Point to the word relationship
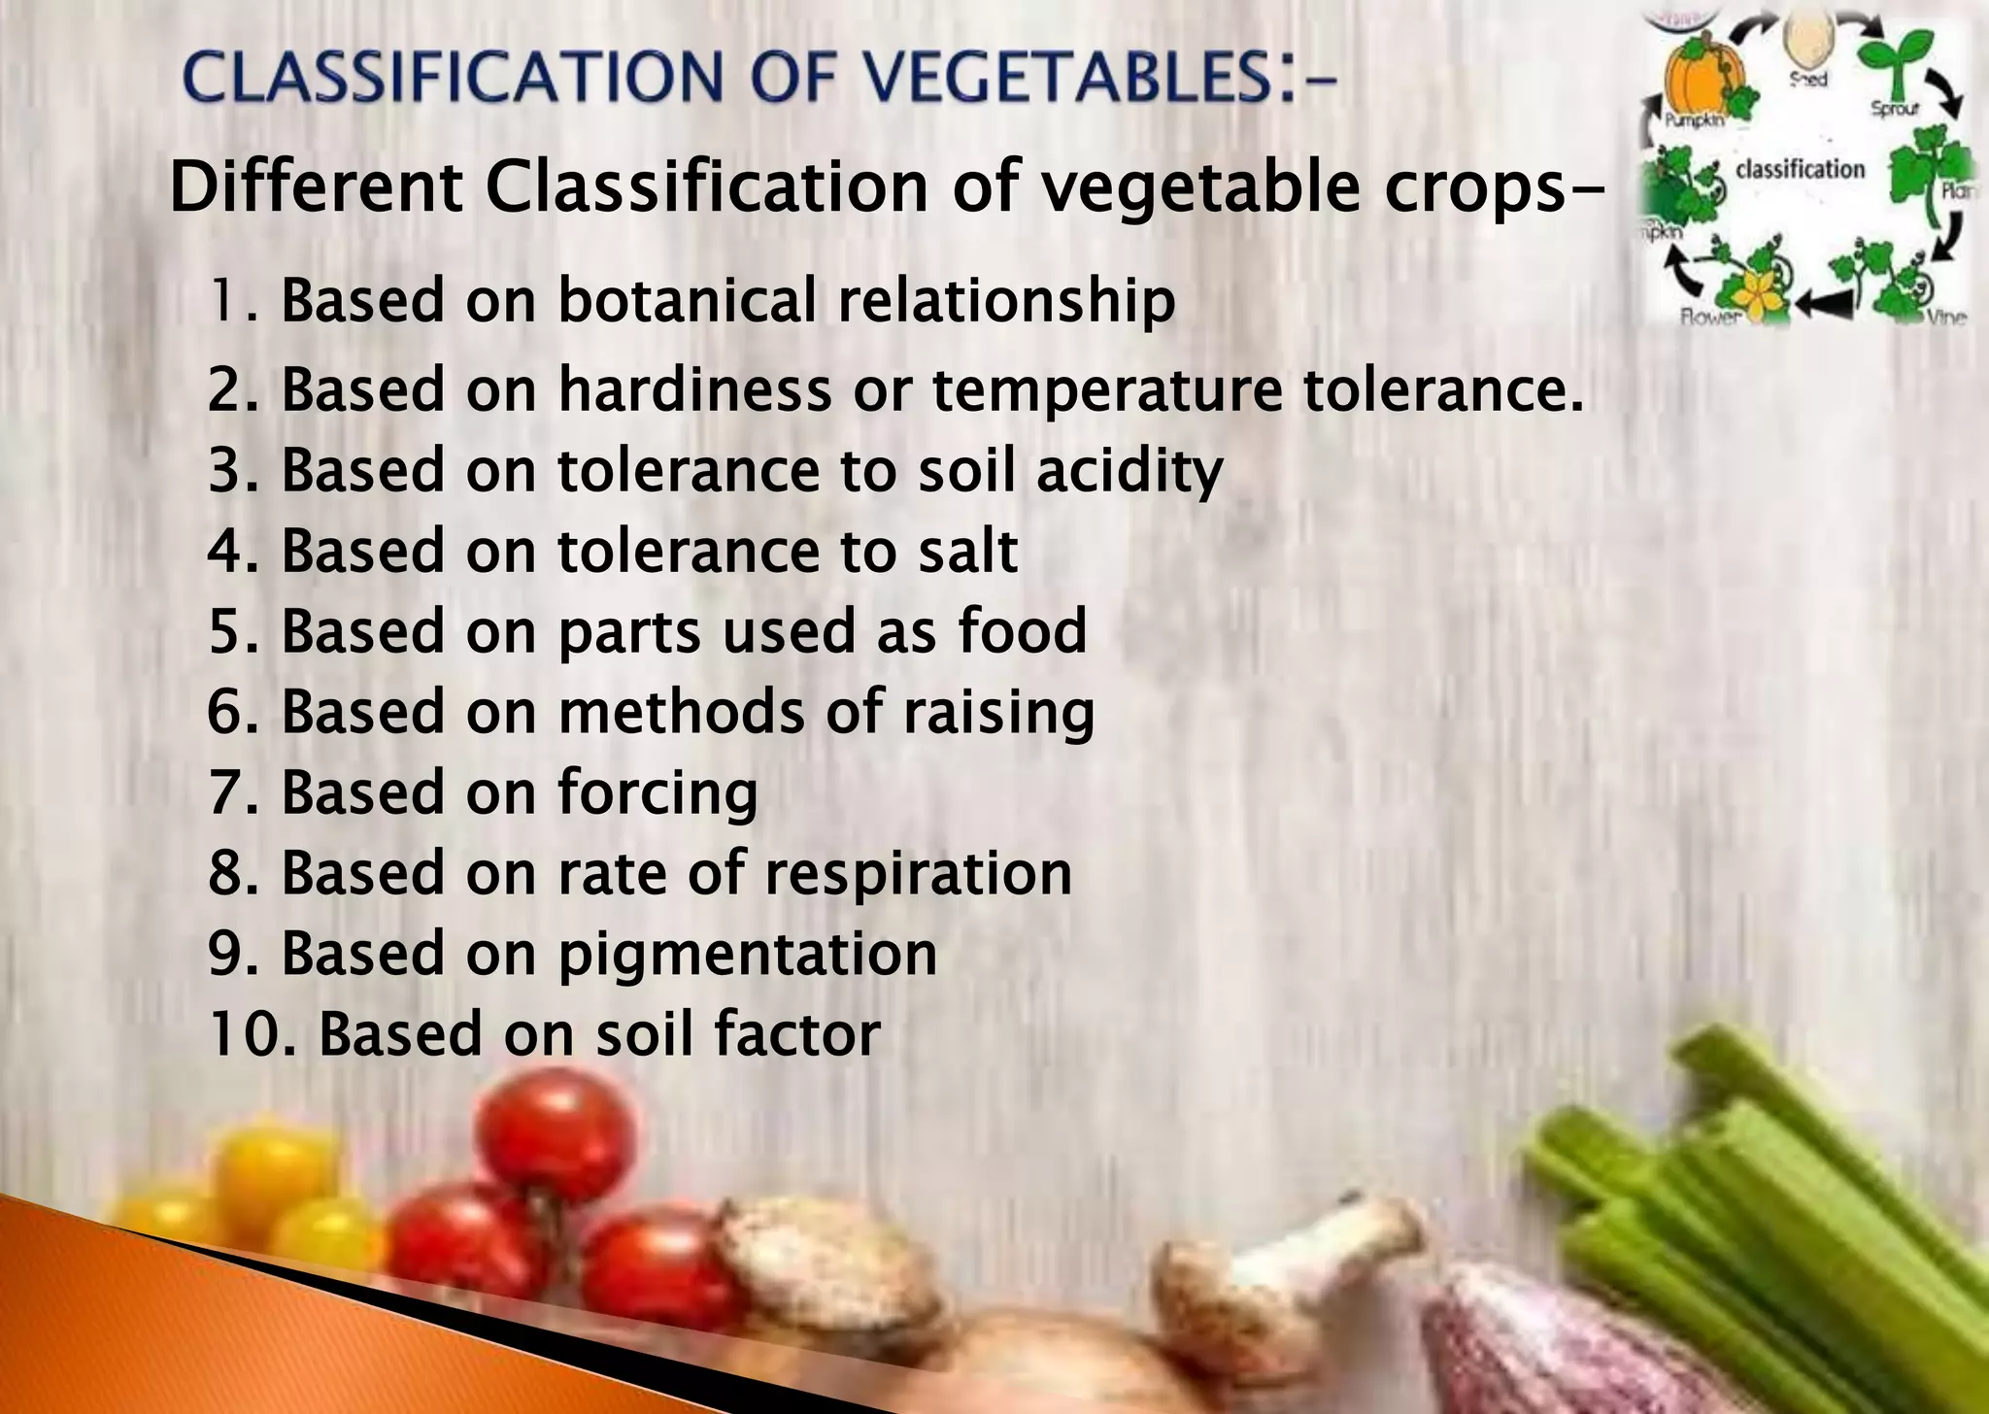pyautogui.click(x=1006, y=302)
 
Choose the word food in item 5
pyautogui.click(x=1022, y=631)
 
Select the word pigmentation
pyautogui.click(x=747, y=955)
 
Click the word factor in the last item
pyautogui.click(x=797, y=1033)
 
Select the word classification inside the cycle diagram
pyautogui.click(x=1800, y=169)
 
